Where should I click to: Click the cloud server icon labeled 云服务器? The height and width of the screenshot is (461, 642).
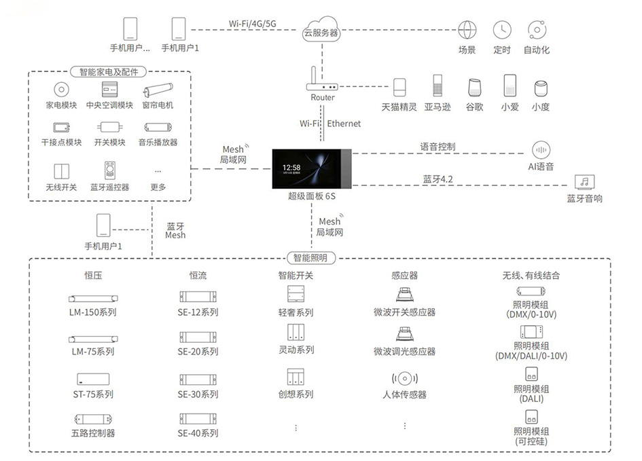[x=321, y=29]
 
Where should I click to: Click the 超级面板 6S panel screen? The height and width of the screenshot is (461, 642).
[x=312, y=169]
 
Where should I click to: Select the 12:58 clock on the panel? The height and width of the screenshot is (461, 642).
[x=291, y=167]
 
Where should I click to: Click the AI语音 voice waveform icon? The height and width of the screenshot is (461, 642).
[x=541, y=150]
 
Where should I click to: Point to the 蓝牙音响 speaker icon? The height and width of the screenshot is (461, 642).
[x=584, y=182]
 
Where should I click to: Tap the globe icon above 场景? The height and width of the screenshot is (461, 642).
[x=467, y=30]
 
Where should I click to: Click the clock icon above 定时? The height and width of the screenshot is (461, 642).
[x=502, y=30]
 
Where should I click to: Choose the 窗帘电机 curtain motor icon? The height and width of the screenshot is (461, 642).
[x=158, y=90]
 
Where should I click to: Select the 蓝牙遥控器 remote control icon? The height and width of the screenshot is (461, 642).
[x=110, y=170]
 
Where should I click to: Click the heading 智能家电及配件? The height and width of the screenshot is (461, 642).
[x=109, y=72]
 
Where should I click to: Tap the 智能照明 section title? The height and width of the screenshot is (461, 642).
[x=310, y=258]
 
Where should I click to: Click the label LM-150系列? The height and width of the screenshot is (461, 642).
[x=93, y=312]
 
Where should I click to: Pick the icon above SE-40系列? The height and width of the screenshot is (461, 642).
[x=198, y=419]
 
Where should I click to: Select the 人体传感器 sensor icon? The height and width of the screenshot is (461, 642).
[x=404, y=378]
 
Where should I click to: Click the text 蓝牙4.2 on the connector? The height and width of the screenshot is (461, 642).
[x=438, y=179]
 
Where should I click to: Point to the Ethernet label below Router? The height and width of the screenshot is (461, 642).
[x=344, y=124]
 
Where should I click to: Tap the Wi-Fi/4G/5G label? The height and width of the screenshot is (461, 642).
[x=252, y=24]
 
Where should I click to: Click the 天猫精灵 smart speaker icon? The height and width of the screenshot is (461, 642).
[x=399, y=87]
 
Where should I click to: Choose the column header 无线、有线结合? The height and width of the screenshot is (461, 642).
[x=531, y=275]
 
